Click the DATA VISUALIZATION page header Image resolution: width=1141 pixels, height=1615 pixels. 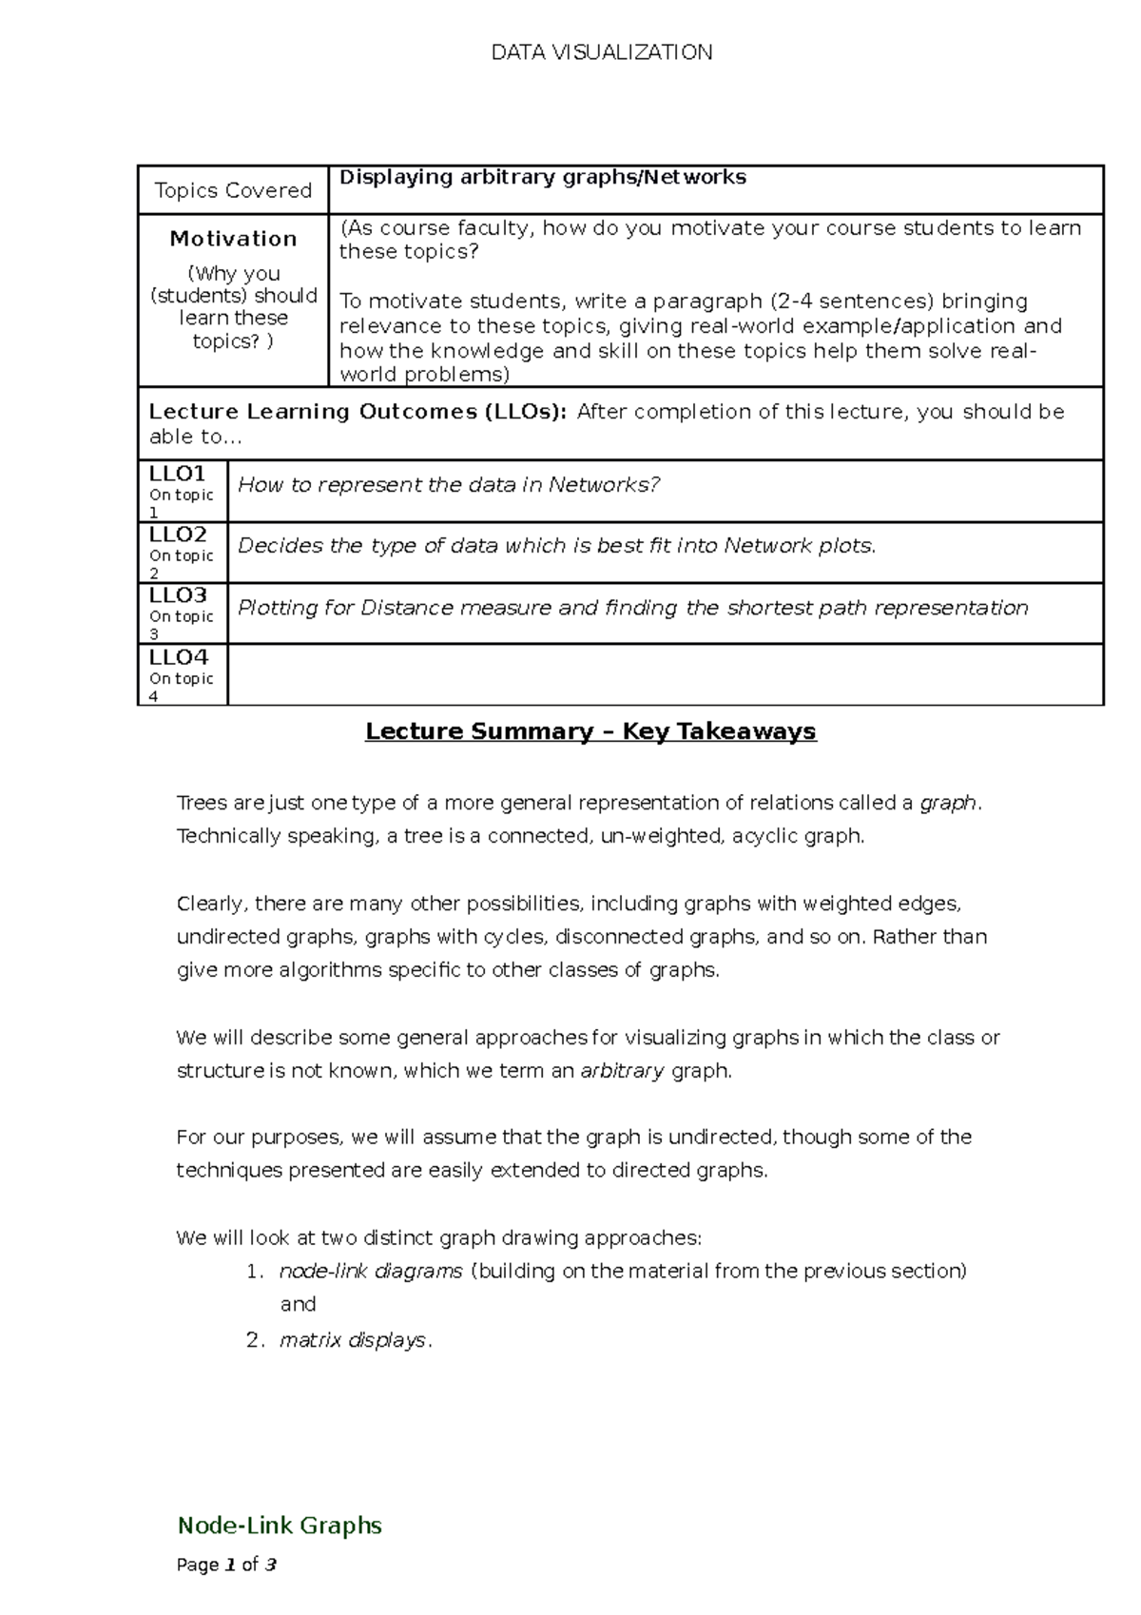pos(601,52)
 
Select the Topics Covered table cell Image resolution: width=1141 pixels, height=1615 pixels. pos(233,190)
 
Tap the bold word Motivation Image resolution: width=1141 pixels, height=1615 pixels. pos(233,239)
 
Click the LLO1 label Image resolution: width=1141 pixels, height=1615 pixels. pos(178,474)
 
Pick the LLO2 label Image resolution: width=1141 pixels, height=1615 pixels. pos(178,535)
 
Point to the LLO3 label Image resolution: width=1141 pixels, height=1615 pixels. pos(178,595)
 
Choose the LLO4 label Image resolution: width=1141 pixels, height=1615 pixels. pos(178,657)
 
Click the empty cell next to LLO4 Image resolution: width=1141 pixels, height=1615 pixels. pos(666,674)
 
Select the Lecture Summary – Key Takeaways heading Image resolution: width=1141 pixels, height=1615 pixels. pos(590,731)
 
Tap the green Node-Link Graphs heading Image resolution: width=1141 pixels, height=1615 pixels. pos(280,1526)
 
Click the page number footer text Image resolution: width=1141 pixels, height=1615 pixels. pos(226,1565)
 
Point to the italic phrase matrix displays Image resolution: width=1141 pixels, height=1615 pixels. pos(353,1340)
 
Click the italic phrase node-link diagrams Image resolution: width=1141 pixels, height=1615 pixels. pos(371,1271)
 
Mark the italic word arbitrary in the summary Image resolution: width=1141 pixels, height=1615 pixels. pos(622,1071)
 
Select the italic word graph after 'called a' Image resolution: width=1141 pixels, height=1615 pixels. pos(947,803)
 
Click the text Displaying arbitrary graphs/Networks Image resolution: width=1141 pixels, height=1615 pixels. pos(543,177)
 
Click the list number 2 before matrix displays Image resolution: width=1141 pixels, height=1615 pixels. pos(253,1340)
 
